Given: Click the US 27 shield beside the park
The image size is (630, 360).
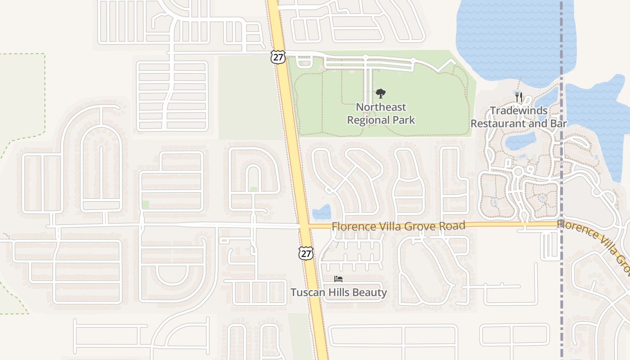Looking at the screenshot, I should [278, 57].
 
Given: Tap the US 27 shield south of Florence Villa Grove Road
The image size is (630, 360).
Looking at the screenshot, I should [306, 253].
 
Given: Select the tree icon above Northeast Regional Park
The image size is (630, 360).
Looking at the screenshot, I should [381, 94].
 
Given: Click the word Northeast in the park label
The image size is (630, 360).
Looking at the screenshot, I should [381, 107].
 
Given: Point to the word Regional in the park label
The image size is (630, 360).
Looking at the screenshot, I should [368, 120].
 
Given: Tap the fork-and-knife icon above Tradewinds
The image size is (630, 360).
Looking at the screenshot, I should [518, 97].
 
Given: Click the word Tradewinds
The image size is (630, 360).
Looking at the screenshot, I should [518, 111].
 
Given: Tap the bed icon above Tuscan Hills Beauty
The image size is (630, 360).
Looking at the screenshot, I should [338, 279].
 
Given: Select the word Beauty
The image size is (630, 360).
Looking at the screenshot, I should [369, 292].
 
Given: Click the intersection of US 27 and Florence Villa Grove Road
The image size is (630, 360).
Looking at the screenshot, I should [304, 225].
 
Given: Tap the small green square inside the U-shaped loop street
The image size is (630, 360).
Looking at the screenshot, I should [253, 189].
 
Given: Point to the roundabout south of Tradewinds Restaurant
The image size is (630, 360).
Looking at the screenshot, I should [518, 171].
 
